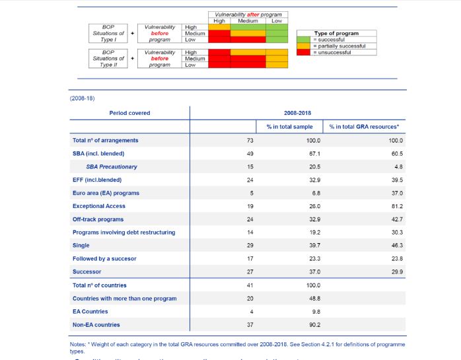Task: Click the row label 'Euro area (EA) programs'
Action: (x=106, y=193)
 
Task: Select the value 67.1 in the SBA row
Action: (x=314, y=153)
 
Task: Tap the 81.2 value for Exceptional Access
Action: (x=397, y=206)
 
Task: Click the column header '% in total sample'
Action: (x=289, y=126)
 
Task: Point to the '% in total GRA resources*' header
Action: (x=365, y=126)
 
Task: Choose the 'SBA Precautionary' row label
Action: (x=112, y=166)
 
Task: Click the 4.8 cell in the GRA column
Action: (x=398, y=166)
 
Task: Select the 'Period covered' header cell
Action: (x=129, y=113)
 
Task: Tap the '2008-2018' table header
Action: (x=298, y=113)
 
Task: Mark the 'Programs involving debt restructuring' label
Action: (x=124, y=233)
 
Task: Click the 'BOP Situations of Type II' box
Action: (x=108, y=58)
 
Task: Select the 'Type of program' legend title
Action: (x=337, y=33)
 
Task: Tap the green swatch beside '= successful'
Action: (x=304, y=40)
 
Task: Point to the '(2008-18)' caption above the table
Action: (x=83, y=98)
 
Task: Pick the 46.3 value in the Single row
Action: (x=397, y=246)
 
